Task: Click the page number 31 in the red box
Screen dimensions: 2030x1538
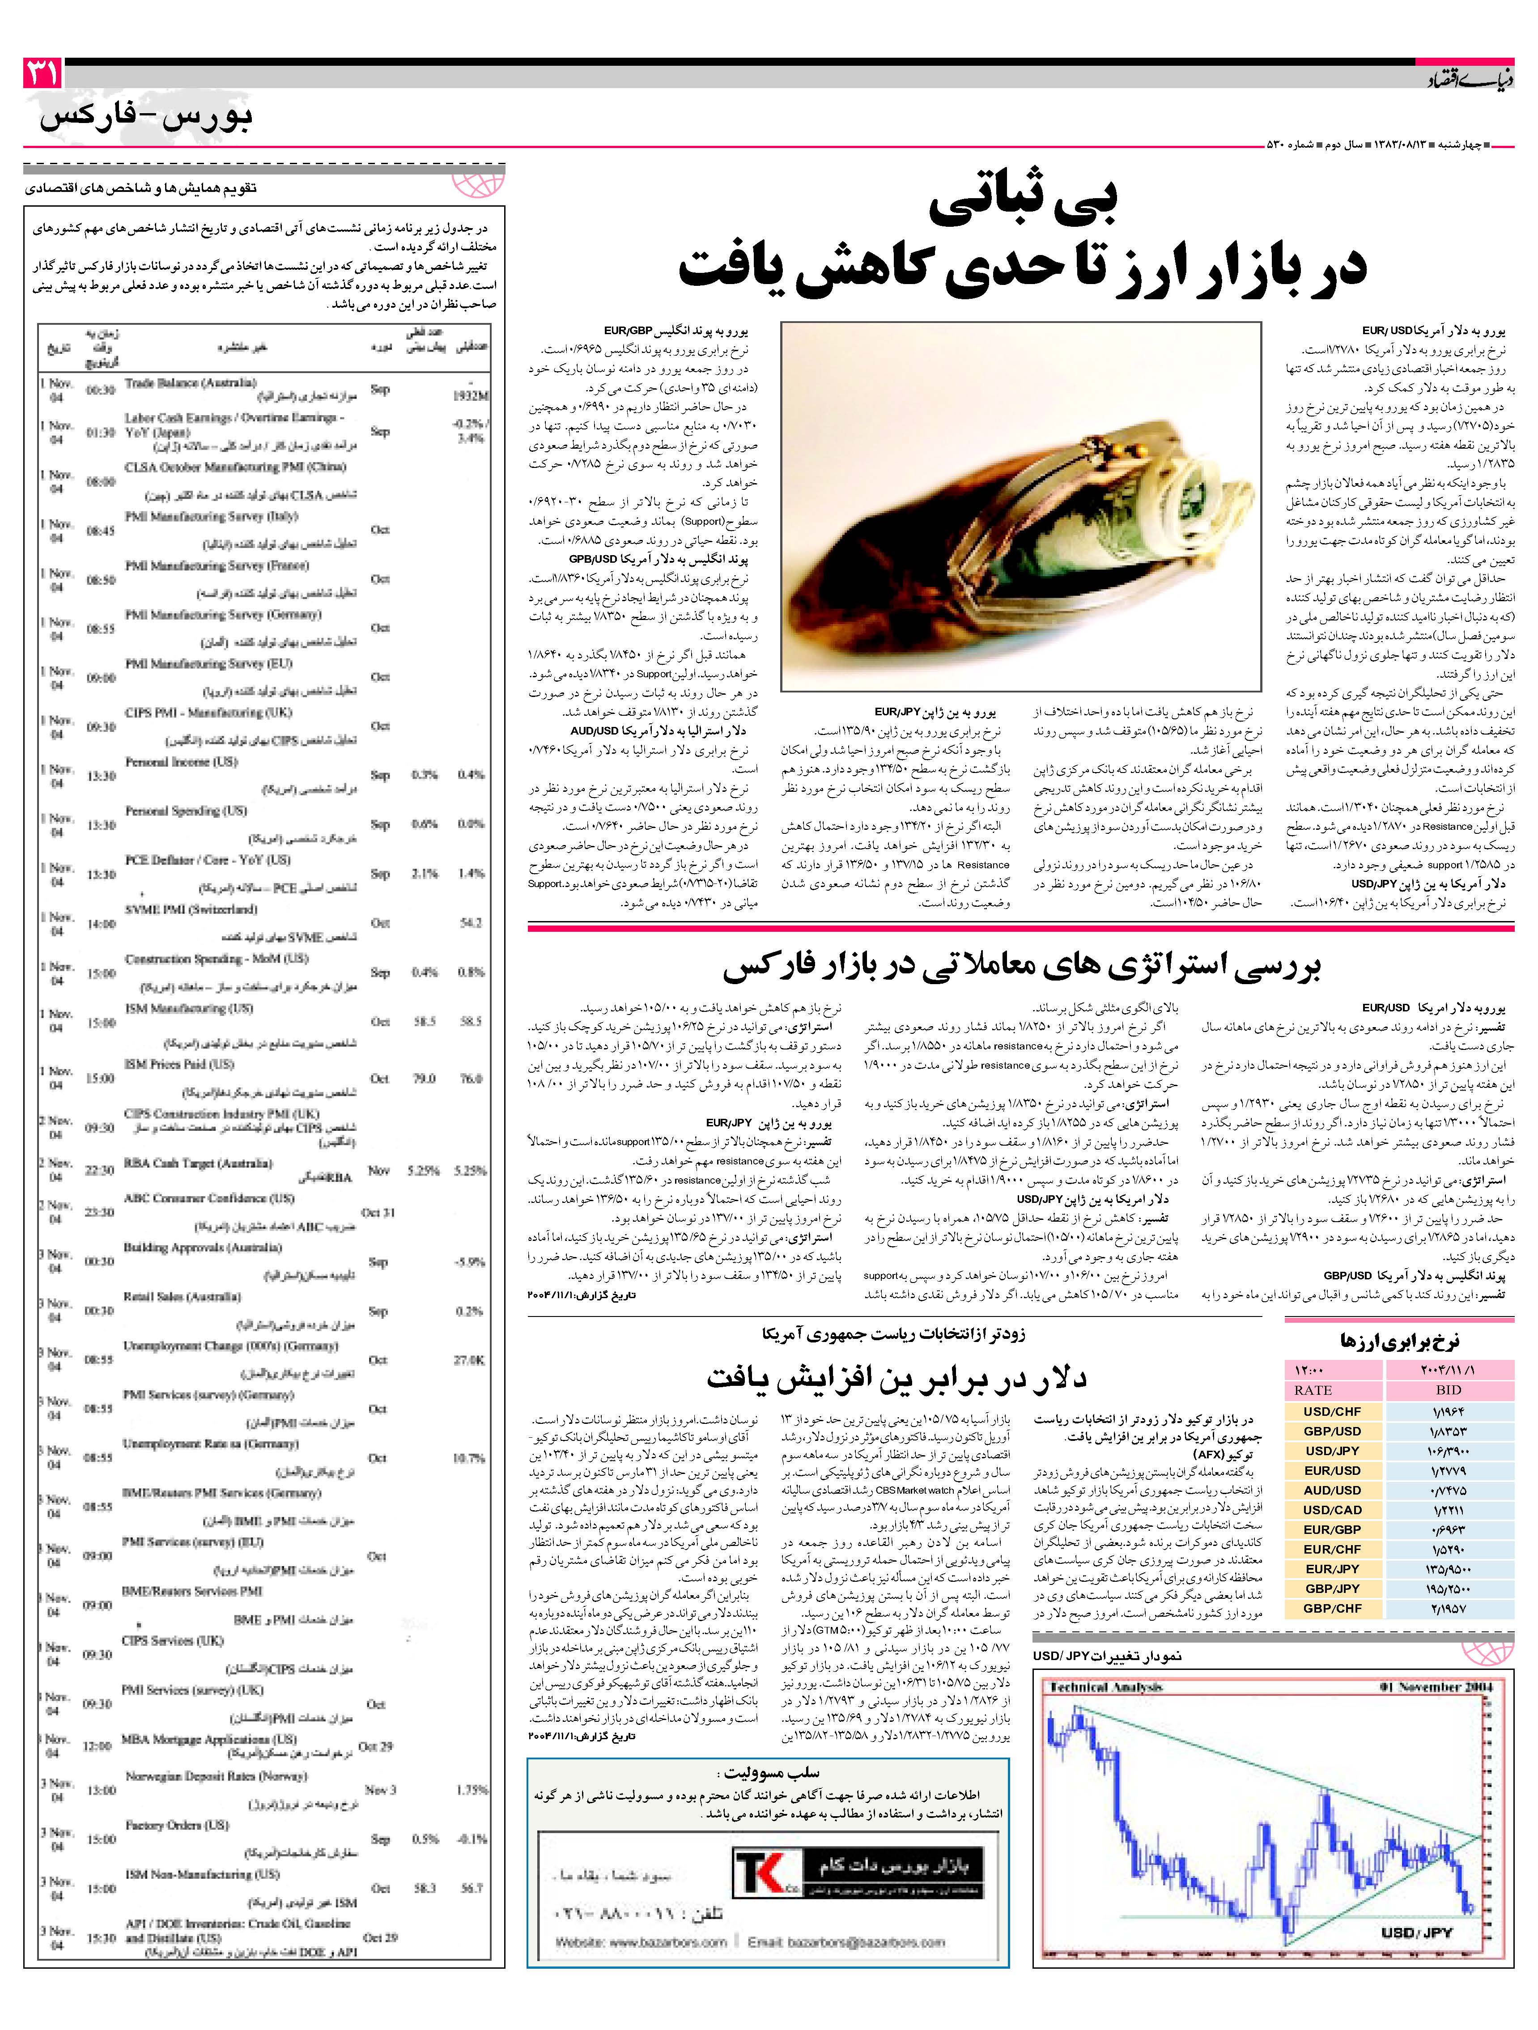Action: coord(42,73)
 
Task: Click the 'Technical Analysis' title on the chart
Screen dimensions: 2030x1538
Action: coord(1106,1687)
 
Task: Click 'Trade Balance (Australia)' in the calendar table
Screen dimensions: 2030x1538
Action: coord(191,382)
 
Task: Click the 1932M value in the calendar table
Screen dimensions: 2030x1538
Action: coord(471,395)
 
